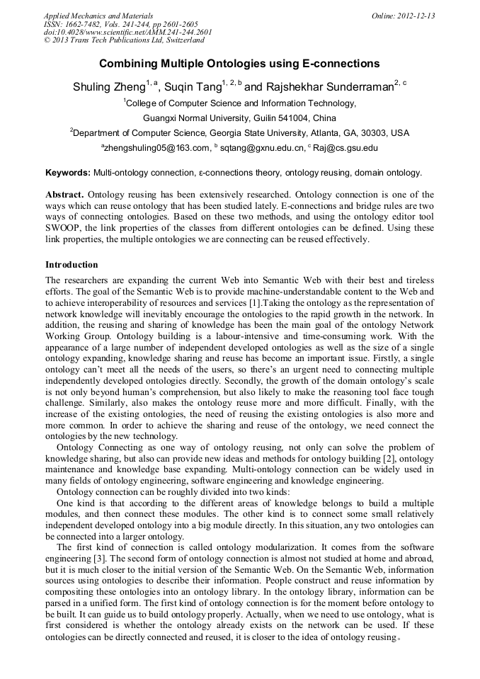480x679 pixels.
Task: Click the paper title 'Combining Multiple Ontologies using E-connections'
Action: (239, 64)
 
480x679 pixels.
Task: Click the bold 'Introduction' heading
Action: (72, 265)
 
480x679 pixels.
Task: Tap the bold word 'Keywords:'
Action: (68, 172)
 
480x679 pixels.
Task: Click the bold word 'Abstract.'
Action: (64, 194)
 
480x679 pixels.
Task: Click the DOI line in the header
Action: (127, 32)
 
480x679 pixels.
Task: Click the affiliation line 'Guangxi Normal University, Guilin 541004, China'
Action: (239, 118)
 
